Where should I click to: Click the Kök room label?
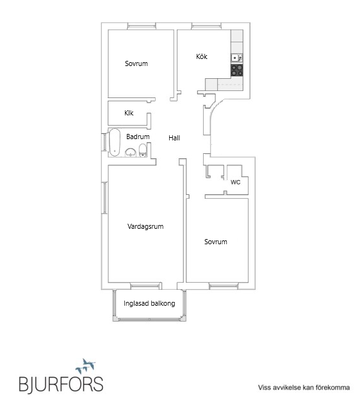202,56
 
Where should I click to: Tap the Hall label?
174,138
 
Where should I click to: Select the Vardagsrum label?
145,226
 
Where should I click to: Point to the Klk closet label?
129,113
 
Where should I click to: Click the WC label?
235,182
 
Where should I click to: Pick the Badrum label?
138,137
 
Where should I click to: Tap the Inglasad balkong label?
149,303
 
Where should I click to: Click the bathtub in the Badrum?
115,142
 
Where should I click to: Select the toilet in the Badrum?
143,151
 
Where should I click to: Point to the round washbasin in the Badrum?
131,153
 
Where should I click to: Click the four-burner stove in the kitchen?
237,70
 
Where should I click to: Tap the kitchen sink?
237,58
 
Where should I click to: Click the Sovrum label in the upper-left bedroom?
136,63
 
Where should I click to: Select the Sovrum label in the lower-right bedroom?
215,242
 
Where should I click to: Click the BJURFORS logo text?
61,384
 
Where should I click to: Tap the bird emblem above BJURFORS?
85,366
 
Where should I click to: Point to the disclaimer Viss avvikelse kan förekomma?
304,388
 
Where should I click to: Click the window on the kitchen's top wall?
206,26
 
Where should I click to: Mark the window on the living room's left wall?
104,197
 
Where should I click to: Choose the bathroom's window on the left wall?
104,142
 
